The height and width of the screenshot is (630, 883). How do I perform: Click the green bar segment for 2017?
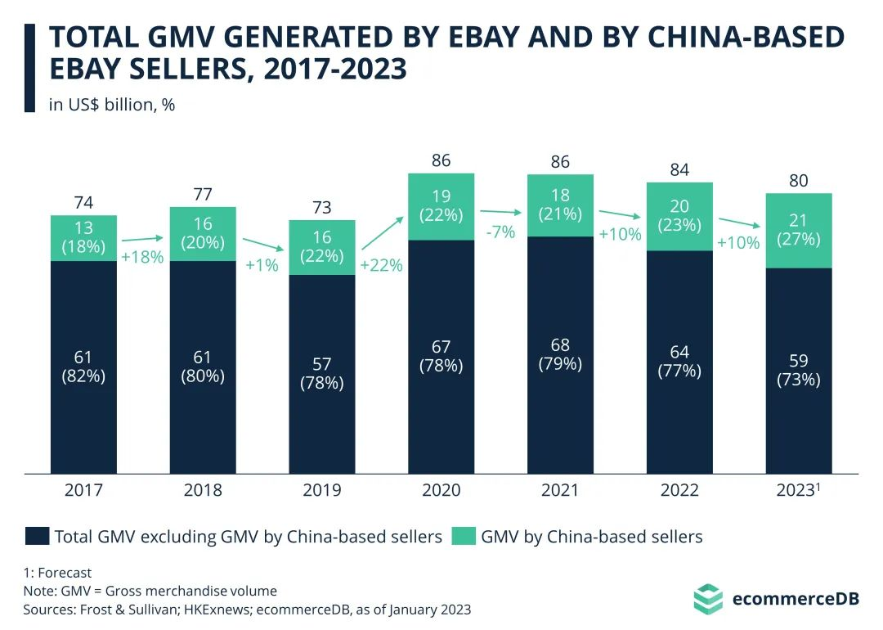pos(83,238)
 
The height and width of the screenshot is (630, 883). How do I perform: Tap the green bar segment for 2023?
pos(799,231)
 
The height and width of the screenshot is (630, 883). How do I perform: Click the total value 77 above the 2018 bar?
pos(203,195)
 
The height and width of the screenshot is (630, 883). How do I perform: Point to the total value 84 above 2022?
pos(679,170)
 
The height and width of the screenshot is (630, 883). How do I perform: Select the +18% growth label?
pos(142,256)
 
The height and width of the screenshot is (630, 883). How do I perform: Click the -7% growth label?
pos(500,232)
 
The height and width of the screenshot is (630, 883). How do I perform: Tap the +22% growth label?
pos(381,265)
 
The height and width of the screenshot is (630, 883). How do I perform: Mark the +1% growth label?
pos(262,265)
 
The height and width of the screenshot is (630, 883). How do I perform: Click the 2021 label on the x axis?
pos(560,490)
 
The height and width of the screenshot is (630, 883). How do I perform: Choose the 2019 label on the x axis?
pos(321,490)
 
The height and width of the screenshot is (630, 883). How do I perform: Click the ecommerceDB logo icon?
pos(707,598)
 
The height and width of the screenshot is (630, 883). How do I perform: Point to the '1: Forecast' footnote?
pos(57,573)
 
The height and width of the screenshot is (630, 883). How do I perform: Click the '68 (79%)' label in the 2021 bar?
pos(560,353)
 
